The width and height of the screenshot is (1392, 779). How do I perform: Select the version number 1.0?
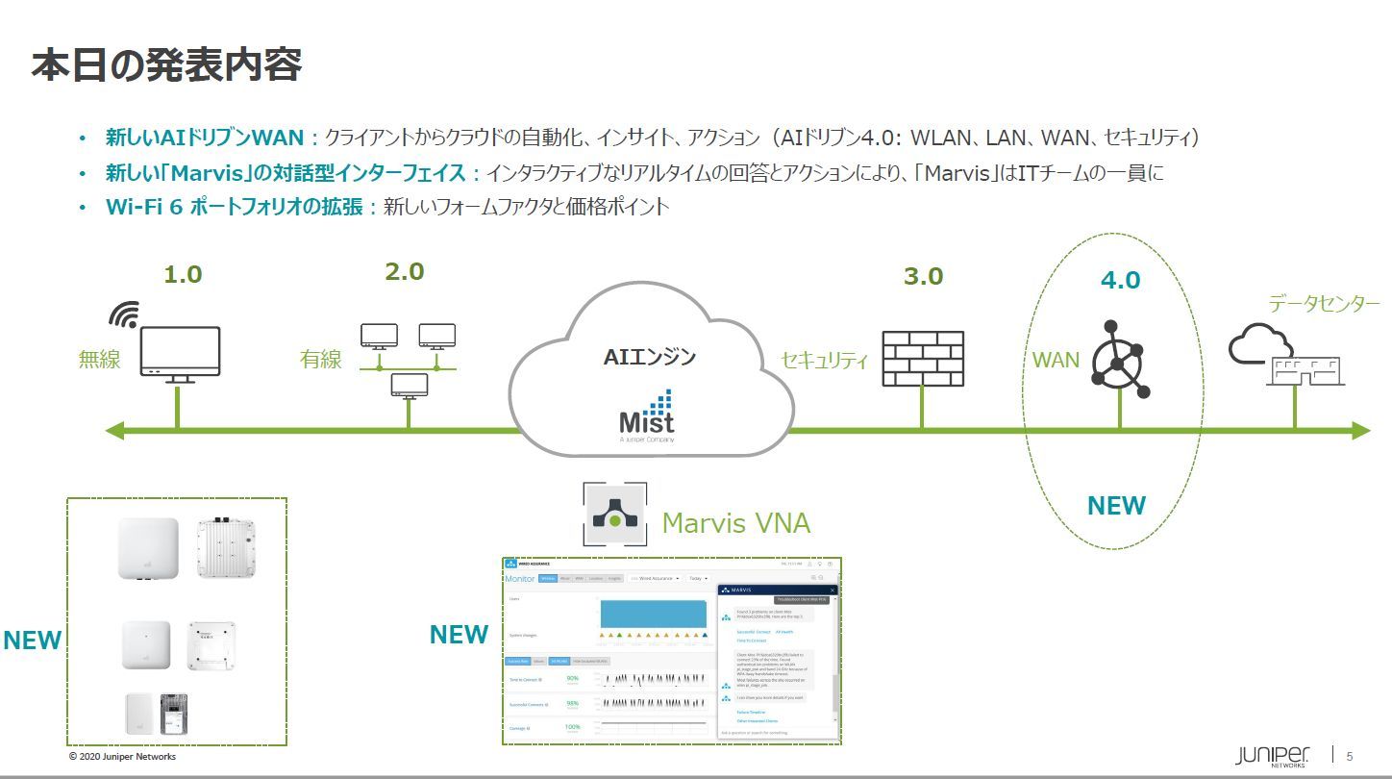(183, 274)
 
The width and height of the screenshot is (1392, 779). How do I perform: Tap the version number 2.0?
(404, 271)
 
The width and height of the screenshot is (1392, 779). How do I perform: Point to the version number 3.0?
(923, 276)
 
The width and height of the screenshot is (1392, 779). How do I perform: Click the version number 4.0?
(1120, 280)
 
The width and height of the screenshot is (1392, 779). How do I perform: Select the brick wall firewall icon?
(922, 359)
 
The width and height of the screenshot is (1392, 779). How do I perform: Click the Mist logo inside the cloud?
(646, 415)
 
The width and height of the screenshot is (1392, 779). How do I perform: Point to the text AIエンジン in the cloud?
(649, 357)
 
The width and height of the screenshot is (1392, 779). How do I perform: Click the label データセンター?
(1324, 304)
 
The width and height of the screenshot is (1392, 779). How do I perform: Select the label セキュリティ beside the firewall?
(824, 361)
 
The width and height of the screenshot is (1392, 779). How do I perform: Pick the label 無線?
(99, 360)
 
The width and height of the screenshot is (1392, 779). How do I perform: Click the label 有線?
(320, 359)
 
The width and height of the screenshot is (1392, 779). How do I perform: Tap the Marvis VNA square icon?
(614, 515)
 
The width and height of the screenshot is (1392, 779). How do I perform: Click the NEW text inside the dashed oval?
(1116, 505)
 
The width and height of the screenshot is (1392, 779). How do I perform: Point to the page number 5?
(1350, 755)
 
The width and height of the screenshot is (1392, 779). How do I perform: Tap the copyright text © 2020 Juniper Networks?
(122, 757)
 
